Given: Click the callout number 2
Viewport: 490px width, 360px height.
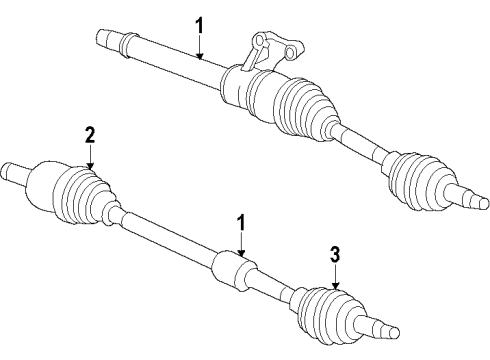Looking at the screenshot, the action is pyautogui.click(x=90, y=134).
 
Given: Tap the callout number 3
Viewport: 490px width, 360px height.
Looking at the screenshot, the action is pyautogui.click(x=336, y=254).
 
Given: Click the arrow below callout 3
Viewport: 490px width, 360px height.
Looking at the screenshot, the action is pyautogui.click(x=336, y=279).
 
